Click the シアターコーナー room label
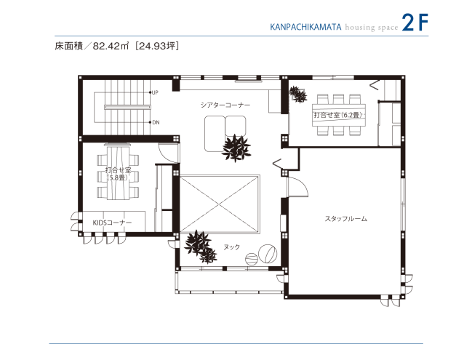[225, 105]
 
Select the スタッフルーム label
[345, 218]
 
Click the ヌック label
[231, 247]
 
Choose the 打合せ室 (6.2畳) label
[338, 115]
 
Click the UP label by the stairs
[156, 92]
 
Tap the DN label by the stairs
[156, 122]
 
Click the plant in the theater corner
[236, 148]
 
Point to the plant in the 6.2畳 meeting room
[297, 94]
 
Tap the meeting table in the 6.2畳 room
[338, 116]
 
